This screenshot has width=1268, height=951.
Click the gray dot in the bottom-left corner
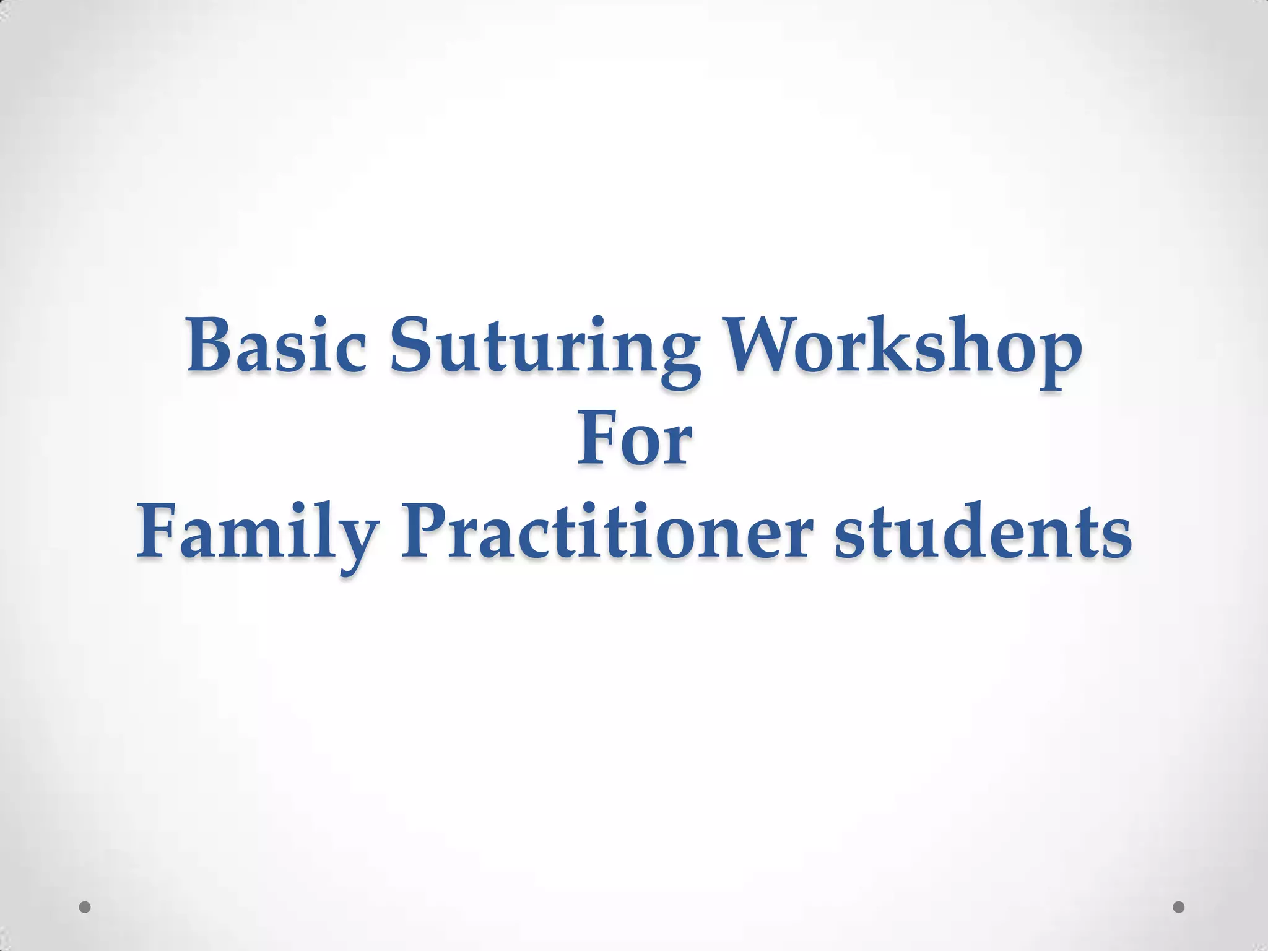point(85,907)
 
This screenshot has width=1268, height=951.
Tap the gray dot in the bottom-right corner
point(1178,907)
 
